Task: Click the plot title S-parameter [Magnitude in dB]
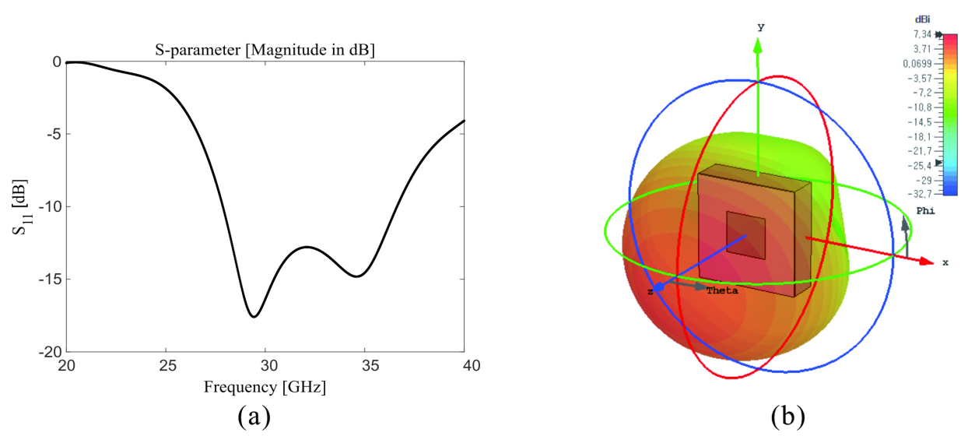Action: (265, 51)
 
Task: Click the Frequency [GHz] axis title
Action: (265, 387)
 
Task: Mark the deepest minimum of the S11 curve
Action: (254, 316)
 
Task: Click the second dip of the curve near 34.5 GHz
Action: (356, 276)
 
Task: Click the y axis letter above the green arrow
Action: (760, 27)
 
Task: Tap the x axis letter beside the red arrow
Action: (945, 263)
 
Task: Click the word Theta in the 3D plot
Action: (721, 290)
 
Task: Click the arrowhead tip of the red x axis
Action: (932, 262)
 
